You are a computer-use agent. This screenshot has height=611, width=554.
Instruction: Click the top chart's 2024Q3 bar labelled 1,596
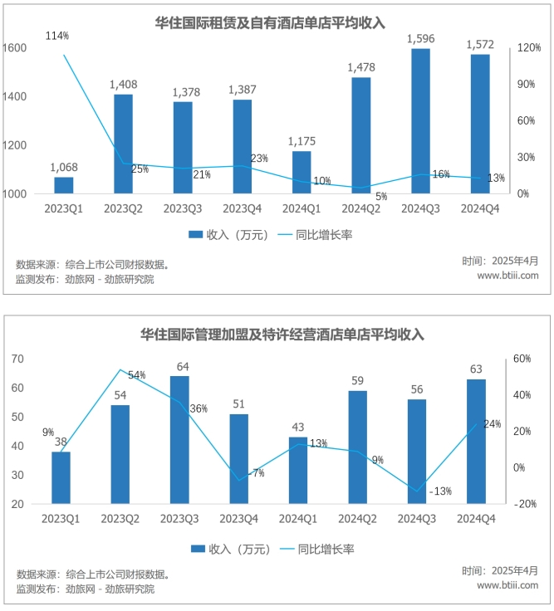420,120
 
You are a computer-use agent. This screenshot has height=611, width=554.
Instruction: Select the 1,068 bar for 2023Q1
64,185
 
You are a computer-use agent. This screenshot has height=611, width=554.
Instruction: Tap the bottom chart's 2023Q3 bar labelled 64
180,439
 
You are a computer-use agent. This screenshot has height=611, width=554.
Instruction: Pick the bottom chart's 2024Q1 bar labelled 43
298,470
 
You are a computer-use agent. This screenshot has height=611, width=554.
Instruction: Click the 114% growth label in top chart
58,36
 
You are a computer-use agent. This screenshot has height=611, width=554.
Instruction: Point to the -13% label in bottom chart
440,491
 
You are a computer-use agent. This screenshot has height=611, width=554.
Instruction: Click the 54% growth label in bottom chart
137,375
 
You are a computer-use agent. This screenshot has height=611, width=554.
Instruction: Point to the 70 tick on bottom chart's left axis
17,359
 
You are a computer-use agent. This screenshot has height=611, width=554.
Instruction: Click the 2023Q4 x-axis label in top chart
242,209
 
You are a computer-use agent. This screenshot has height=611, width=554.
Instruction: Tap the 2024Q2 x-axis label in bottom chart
357,519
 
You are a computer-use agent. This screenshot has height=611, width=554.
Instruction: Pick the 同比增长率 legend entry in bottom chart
324,549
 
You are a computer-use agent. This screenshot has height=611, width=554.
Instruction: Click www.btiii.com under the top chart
507,276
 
